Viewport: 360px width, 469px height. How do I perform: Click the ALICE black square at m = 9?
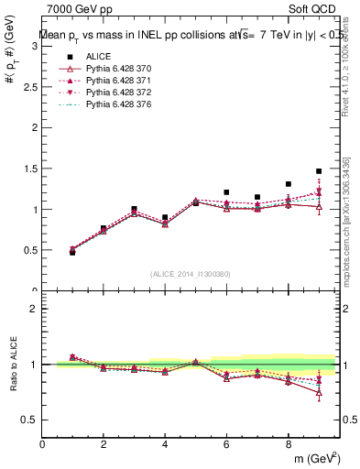319,171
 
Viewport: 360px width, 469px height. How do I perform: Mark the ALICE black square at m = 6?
226,192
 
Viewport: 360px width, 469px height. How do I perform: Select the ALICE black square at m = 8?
288,184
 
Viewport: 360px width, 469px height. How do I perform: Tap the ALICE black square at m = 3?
134,209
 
